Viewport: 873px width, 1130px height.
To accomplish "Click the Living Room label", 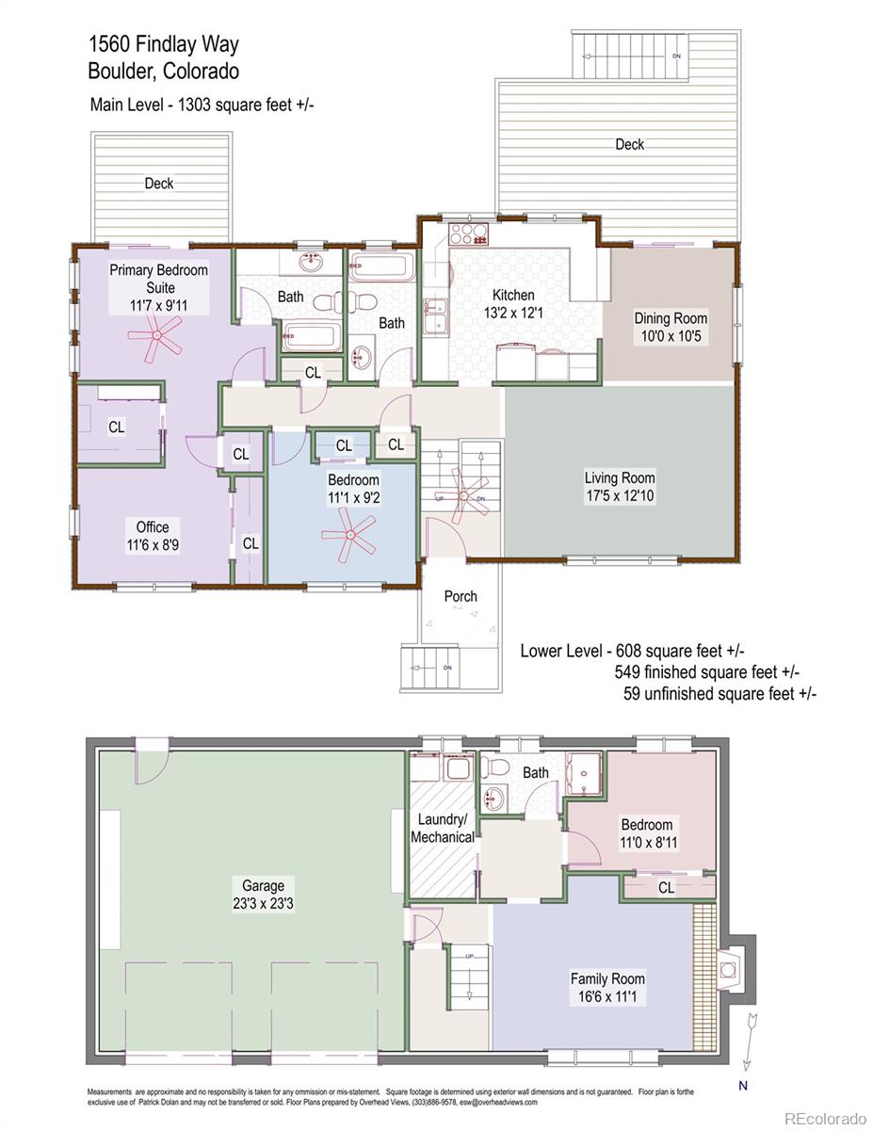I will (x=619, y=477).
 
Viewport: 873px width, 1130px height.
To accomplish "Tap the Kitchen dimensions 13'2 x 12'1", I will (x=513, y=314).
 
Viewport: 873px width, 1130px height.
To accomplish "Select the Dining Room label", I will (x=670, y=318).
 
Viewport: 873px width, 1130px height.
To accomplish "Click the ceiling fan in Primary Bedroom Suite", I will (x=157, y=335).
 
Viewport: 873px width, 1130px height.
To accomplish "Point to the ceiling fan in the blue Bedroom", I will (x=349, y=535).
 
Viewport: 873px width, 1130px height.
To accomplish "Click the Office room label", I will (x=152, y=527).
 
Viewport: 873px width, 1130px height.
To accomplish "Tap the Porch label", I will (x=460, y=596).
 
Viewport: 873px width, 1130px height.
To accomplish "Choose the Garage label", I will (x=263, y=885).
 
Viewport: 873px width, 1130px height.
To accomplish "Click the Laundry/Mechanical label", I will (x=443, y=828).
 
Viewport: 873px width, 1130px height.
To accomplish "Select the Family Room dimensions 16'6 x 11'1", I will (x=607, y=996).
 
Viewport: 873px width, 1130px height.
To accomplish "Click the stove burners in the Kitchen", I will (x=468, y=232).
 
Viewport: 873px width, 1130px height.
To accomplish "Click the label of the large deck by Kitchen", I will (x=629, y=144).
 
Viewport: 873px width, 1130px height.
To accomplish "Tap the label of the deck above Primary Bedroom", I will (x=158, y=184).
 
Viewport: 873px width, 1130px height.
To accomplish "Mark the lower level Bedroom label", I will (x=646, y=825).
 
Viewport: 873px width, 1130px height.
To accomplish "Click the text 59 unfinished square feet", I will (x=719, y=694).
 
